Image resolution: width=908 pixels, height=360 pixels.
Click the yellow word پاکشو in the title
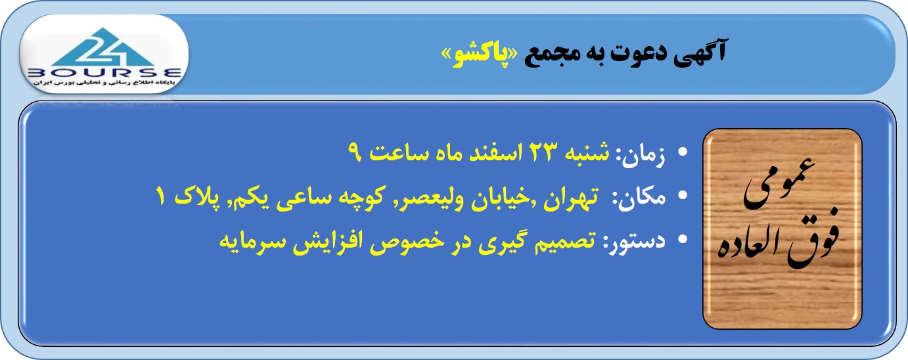pyautogui.click(x=478, y=55)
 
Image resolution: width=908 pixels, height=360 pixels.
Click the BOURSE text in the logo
pyautogui.click(x=104, y=73)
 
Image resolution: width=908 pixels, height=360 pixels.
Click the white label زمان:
pyautogui.click(x=641, y=155)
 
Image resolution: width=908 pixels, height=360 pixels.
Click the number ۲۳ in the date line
pyautogui.click(x=541, y=152)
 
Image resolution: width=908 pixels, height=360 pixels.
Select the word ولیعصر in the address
pyautogui.click(x=435, y=198)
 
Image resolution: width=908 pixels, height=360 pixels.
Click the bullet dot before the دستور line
pyautogui.click(x=683, y=239)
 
